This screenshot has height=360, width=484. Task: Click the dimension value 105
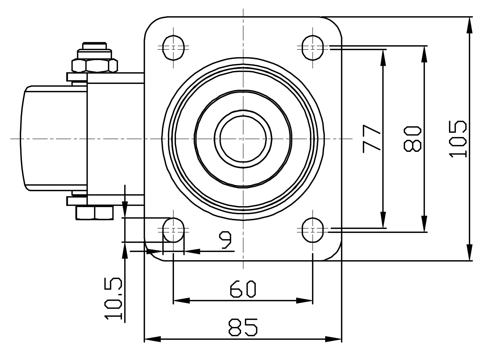[457, 139]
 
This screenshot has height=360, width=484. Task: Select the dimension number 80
[412, 139]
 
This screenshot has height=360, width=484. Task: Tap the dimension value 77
[371, 139]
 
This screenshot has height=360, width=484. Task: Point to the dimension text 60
[243, 289]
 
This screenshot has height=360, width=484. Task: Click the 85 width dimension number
[243, 327]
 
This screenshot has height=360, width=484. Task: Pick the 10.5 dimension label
[113, 299]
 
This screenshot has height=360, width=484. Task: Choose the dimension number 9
[225, 240]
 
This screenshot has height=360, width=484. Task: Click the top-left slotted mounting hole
[174, 48]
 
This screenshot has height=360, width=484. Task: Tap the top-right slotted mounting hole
[312, 48]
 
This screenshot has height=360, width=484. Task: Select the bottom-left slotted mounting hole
[174, 230]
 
